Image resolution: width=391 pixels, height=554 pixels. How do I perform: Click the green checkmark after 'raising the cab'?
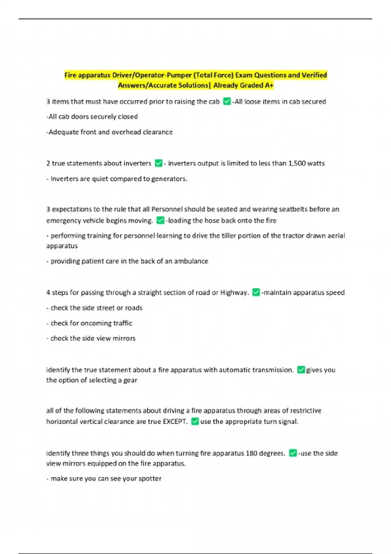[x=227, y=102]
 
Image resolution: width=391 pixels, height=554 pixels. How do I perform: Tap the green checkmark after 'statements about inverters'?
[x=159, y=163]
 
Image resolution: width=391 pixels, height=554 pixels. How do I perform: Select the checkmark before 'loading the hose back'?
[x=160, y=221]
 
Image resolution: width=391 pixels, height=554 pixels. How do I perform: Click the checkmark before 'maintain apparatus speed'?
[x=256, y=292]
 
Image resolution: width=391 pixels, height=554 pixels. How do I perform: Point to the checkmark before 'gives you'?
[x=301, y=370]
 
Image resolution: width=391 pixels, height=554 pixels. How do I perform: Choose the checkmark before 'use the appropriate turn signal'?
[x=195, y=421]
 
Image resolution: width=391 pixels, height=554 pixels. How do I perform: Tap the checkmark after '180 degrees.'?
[x=293, y=453]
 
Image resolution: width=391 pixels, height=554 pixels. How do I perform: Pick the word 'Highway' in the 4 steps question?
[x=234, y=293]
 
